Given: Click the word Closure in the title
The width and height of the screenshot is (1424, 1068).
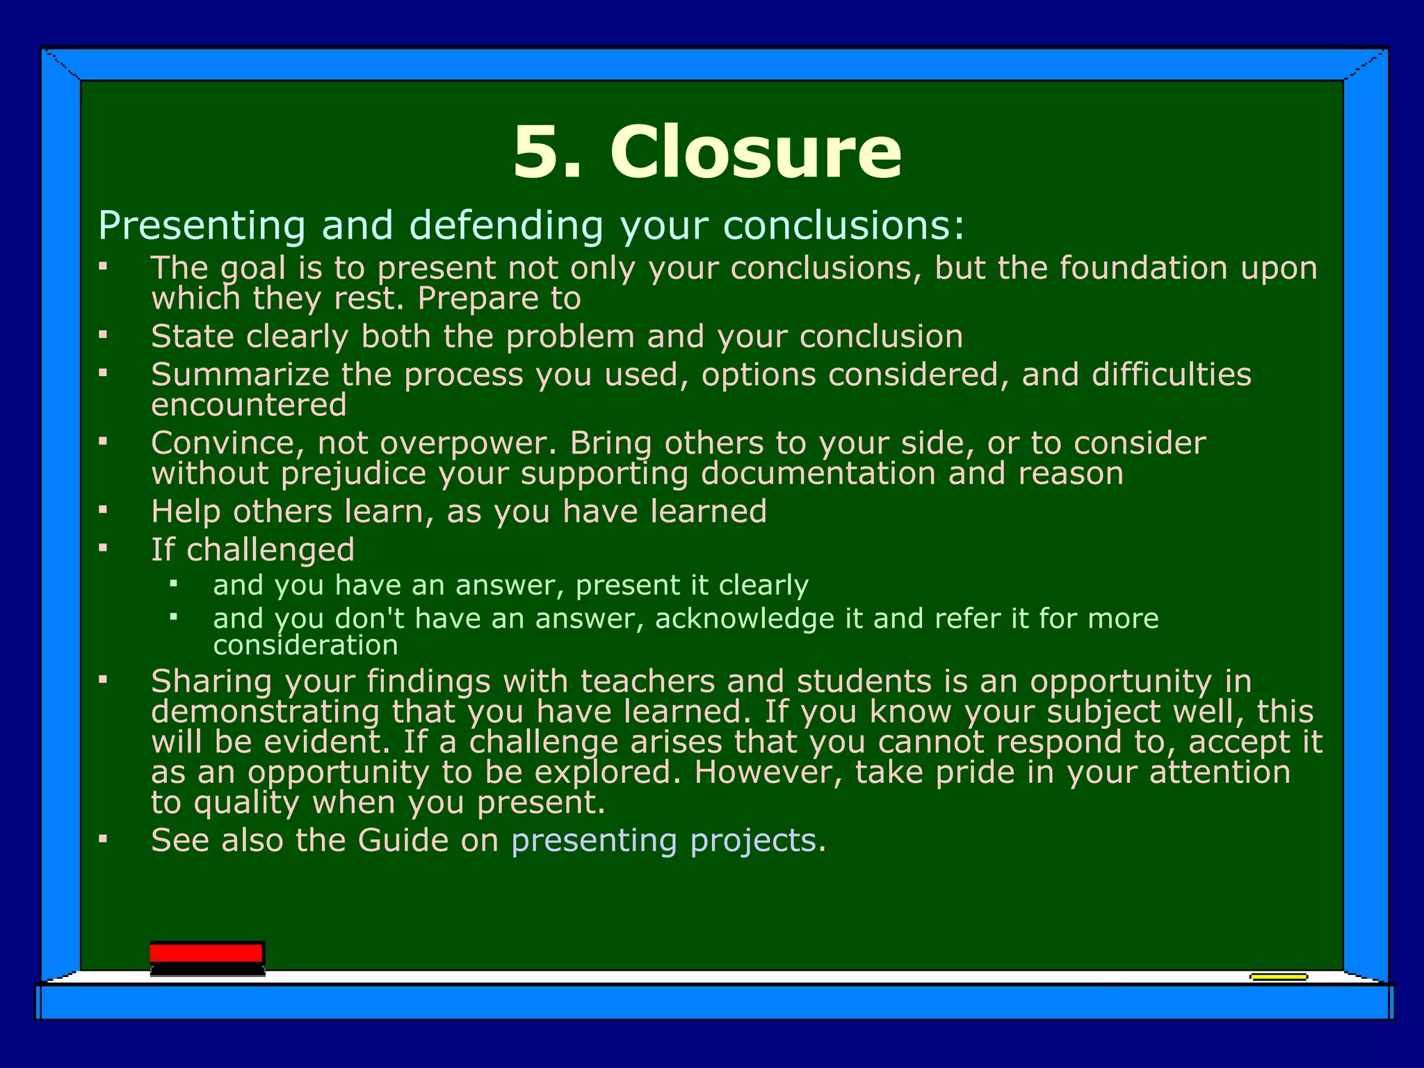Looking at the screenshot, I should (756, 152).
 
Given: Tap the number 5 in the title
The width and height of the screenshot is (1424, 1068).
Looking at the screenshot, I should (536, 152).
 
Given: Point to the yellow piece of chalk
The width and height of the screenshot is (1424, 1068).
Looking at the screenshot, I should (1278, 977).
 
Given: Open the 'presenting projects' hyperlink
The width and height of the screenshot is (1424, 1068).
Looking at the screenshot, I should (663, 840).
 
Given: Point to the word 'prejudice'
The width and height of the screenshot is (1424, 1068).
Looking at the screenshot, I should (353, 474).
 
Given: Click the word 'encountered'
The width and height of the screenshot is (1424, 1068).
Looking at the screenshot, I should (249, 405).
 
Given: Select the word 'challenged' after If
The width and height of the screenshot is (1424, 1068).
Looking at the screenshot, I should (270, 549).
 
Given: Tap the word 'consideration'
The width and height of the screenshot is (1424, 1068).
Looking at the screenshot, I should (305, 645).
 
